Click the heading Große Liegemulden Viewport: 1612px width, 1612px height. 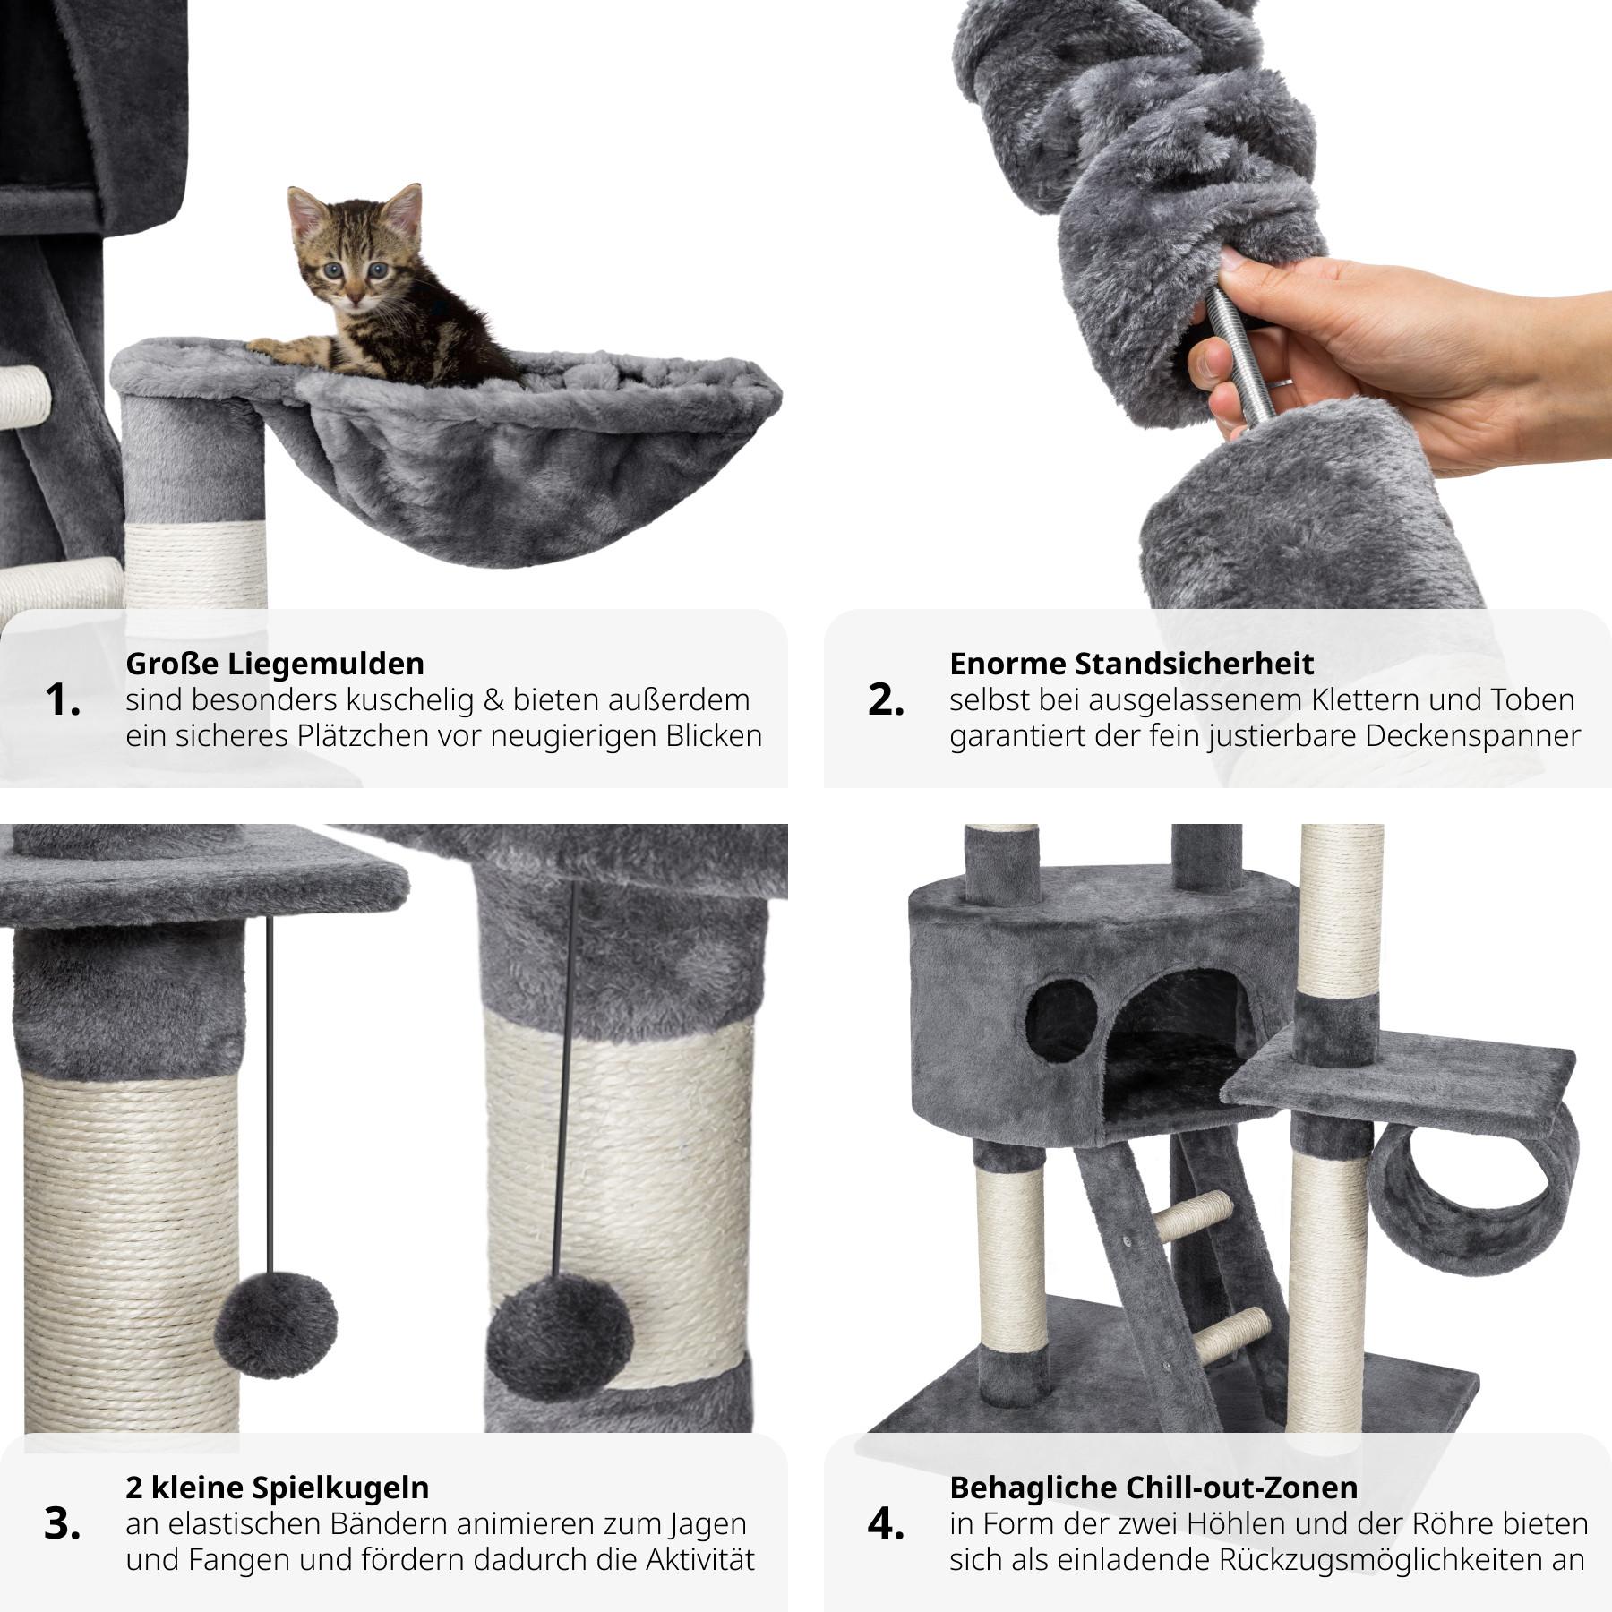point(275,665)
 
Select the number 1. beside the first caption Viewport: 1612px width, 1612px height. point(63,700)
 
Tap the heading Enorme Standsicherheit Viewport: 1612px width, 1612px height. point(1131,664)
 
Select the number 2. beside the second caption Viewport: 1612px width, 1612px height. point(886,700)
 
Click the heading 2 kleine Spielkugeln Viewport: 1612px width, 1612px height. point(278,1488)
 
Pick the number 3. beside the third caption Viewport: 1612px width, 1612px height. point(63,1524)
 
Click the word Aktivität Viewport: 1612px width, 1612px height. point(699,1559)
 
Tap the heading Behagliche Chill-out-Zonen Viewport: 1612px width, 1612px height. point(1153,1488)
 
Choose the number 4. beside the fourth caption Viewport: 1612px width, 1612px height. point(887,1524)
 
